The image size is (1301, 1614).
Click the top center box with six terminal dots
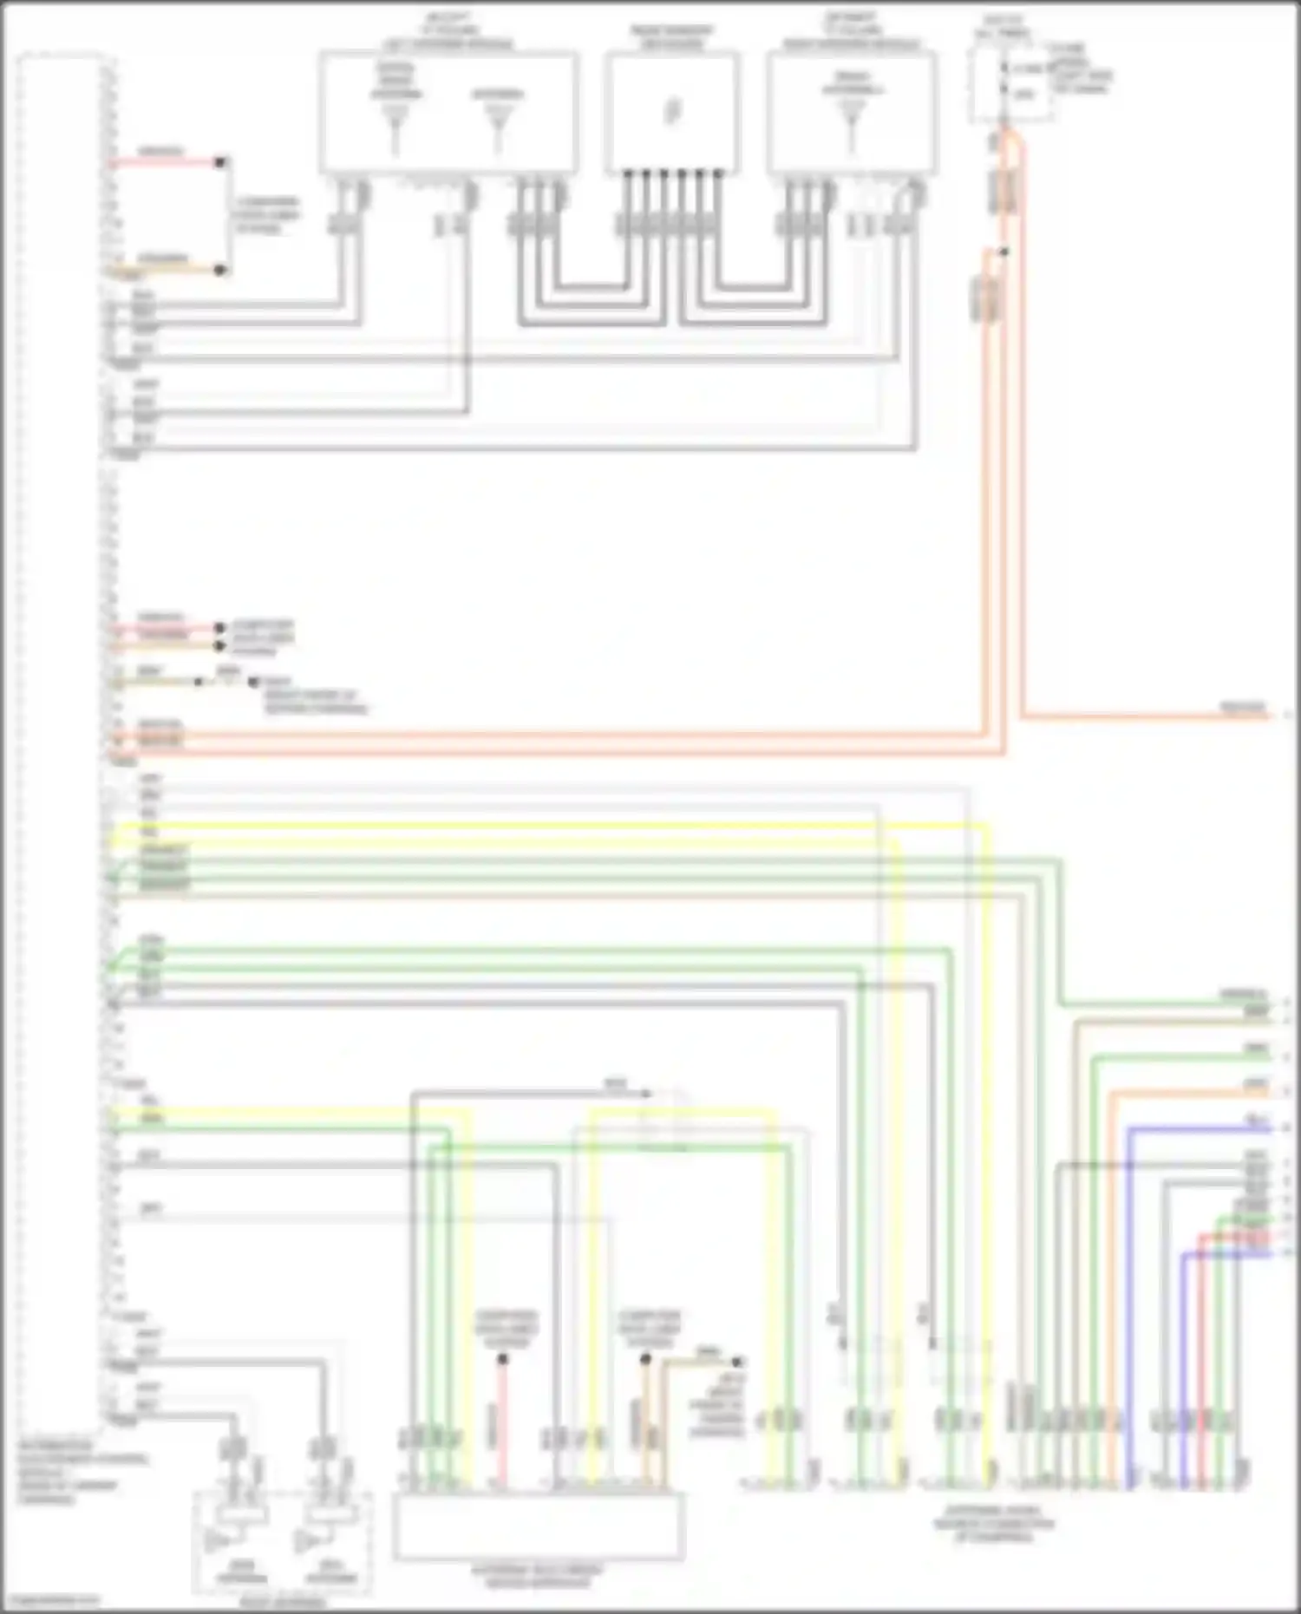coord(672,113)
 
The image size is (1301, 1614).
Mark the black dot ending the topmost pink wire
coord(221,162)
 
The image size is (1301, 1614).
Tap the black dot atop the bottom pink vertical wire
coord(502,1359)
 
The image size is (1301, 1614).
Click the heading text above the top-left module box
coord(448,31)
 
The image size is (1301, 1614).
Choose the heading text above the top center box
coord(672,36)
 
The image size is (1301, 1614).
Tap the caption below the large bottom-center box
coord(538,1577)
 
